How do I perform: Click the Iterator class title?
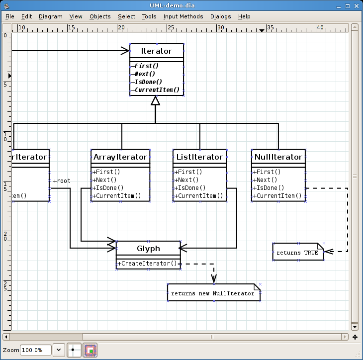tap(157, 51)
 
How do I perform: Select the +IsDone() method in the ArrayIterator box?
tap(108, 188)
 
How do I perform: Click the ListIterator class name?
tap(199, 157)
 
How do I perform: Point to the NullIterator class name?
tap(278, 157)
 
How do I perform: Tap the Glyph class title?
tap(148, 249)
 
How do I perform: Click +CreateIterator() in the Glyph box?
tap(148, 264)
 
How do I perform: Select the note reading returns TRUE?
tap(297, 253)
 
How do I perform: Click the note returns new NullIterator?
tap(213, 293)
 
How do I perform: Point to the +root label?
tap(62, 181)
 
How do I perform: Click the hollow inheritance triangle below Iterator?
tap(156, 101)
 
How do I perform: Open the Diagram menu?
tap(50, 16)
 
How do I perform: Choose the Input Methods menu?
tap(183, 16)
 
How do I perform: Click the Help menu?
tap(244, 16)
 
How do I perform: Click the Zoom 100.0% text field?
tap(35, 350)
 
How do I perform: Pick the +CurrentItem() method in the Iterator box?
tap(157, 90)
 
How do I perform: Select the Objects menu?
tap(100, 16)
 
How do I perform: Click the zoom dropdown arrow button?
tap(59, 350)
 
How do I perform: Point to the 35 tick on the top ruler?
tap(270, 28)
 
